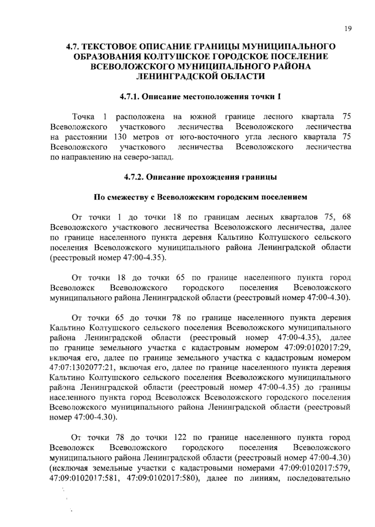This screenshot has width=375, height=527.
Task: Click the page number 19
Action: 348,29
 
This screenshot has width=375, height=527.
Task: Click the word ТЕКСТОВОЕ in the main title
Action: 110,47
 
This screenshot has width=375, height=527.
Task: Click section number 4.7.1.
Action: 129,97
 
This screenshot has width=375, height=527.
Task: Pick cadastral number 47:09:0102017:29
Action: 316,348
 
